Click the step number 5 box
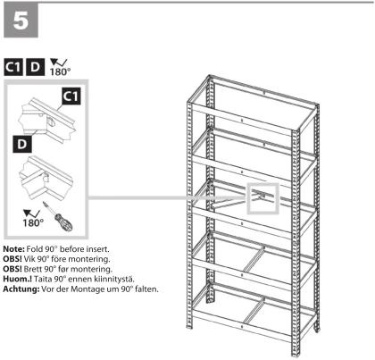[21, 20]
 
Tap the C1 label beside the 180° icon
[13, 67]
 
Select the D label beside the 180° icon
[36, 67]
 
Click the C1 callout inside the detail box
[71, 96]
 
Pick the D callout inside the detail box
[22, 144]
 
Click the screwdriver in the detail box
[58, 216]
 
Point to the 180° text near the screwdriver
[33, 222]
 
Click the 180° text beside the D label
[60, 71]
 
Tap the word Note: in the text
[13, 249]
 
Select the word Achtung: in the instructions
[21, 289]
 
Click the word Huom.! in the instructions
[18, 279]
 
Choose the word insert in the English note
[97, 249]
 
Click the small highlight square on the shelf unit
[263, 198]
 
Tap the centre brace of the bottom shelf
[254, 310]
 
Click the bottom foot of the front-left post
[189, 326]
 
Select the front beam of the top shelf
[242, 121]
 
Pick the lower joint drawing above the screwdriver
[46, 178]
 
